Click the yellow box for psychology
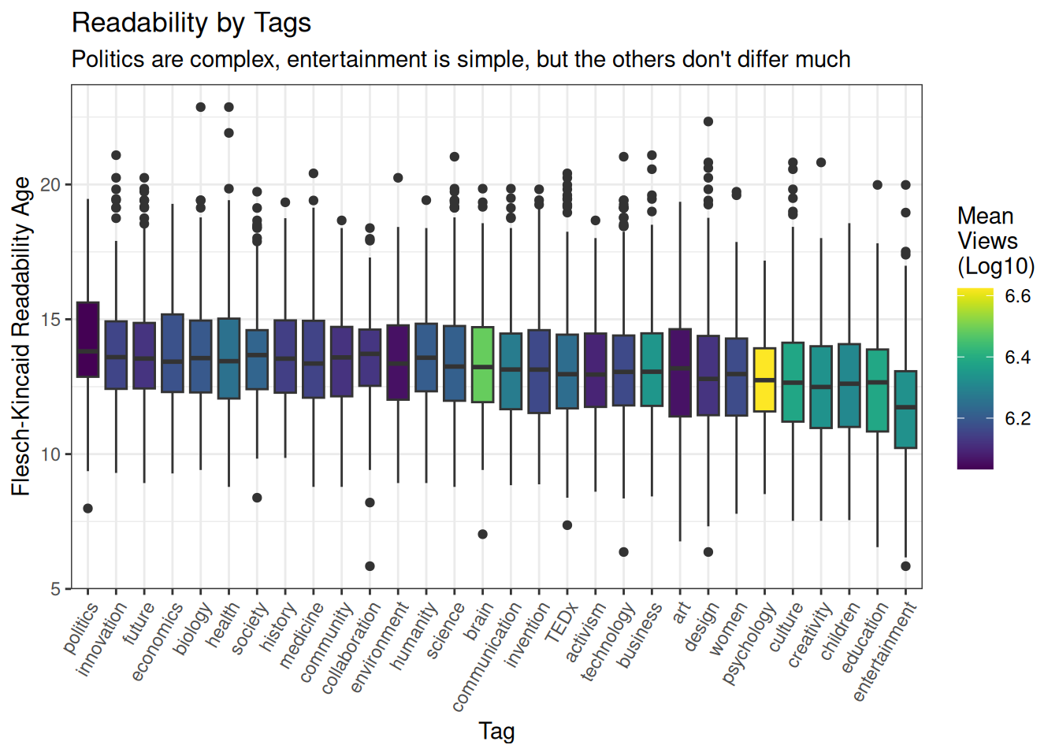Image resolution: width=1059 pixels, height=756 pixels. click(764, 380)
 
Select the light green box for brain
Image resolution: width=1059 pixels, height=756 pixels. click(482, 365)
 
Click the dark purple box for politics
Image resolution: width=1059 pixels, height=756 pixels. click(87, 339)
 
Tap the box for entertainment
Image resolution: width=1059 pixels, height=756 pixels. click(905, 409)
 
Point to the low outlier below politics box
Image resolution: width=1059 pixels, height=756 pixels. click(87, 509)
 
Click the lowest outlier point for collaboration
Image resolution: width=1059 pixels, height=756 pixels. click(370, 566)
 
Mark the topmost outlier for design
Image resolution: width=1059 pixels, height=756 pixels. click(708, 121)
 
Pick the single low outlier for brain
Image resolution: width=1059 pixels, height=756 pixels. click(482, 535)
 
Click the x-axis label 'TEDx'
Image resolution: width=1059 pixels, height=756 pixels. click(560, 623)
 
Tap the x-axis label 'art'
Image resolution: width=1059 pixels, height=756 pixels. click(682, 612)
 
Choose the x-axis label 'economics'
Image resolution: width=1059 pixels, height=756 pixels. click(157, 641)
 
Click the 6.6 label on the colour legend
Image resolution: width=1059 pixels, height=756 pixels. click(1017, 296)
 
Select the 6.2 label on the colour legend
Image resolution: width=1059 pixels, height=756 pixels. click(1017, 419)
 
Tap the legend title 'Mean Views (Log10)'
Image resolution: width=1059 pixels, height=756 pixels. click(995, 241)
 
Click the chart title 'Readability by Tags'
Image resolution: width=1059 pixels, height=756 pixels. click(191, 23)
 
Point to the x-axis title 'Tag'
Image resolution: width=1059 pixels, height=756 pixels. click(496, 731)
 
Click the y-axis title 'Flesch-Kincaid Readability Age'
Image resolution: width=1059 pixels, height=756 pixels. click(21, 336)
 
